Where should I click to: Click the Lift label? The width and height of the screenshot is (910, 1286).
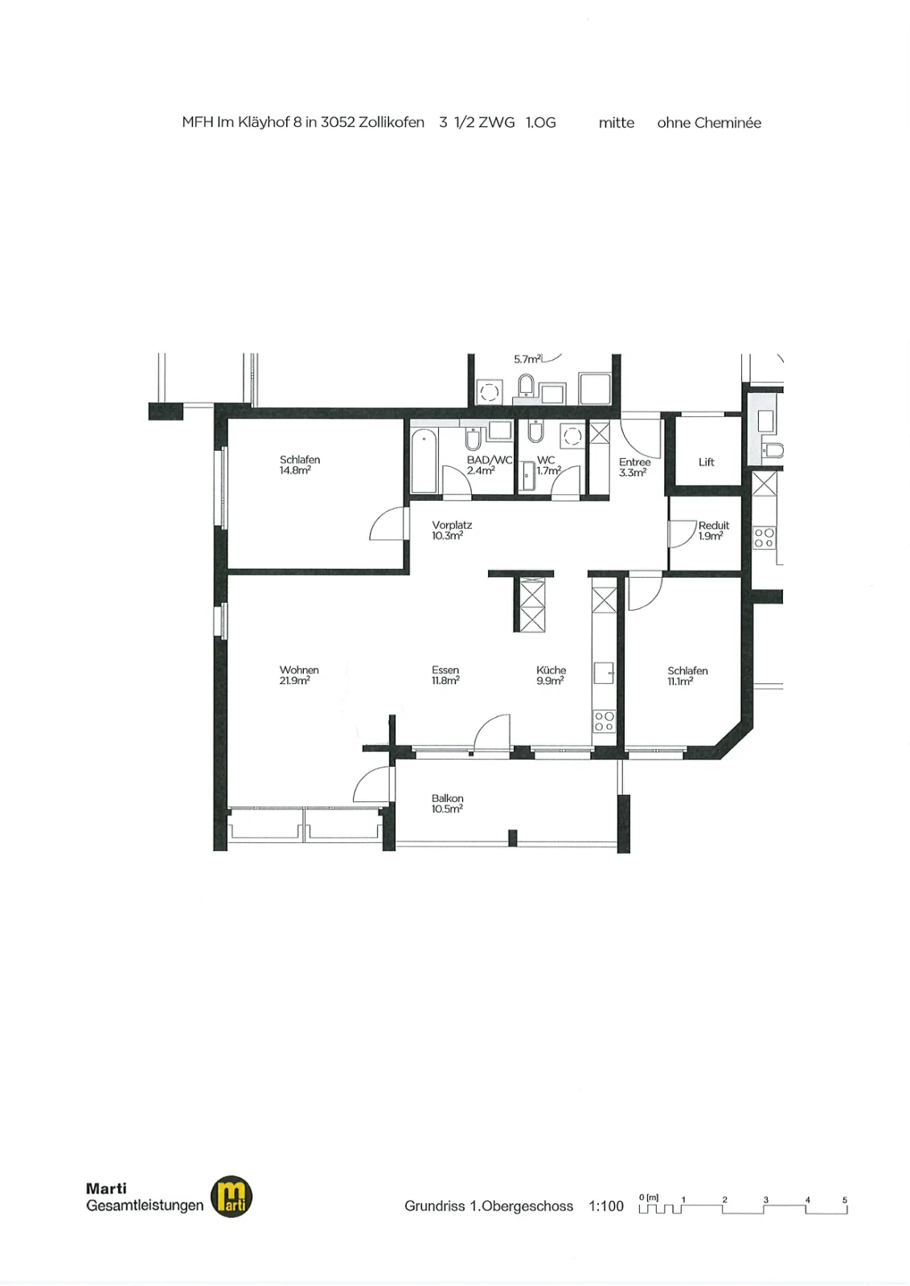(x=706, y=462)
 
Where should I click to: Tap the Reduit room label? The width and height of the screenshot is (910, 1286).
(x=714, y=526)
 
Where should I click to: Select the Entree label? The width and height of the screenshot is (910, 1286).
(x=634, y=462)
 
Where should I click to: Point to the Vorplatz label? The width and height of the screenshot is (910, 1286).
(x=452, y=526)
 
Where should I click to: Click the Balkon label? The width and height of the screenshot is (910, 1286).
(x=447, y=799)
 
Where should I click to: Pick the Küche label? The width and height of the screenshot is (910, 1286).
(x=551, y=670)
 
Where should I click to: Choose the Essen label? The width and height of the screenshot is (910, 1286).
(x=445, y=670)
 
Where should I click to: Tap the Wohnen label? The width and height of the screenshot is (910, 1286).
(x=299, y=670)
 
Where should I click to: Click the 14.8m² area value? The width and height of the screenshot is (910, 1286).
(x=295, y=471)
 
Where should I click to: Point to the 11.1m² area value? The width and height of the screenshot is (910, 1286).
(x=680, y=682)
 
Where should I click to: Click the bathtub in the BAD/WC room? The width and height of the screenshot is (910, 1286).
(x=424, y=461)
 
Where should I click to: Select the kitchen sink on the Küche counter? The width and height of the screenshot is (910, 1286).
(x=604, y=673)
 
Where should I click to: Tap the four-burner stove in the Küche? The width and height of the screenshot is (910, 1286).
(x=604, y=721)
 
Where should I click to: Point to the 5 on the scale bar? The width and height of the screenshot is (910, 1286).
(x=845, y=1200)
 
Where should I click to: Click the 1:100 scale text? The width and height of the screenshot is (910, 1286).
(x=606, y=1206)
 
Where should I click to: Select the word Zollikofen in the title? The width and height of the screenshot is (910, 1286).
(x=391, y=123)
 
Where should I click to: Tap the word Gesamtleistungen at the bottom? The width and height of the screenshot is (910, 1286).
(x=145, y=1206)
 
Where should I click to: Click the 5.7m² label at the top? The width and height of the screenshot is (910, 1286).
(x=527, y=359)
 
